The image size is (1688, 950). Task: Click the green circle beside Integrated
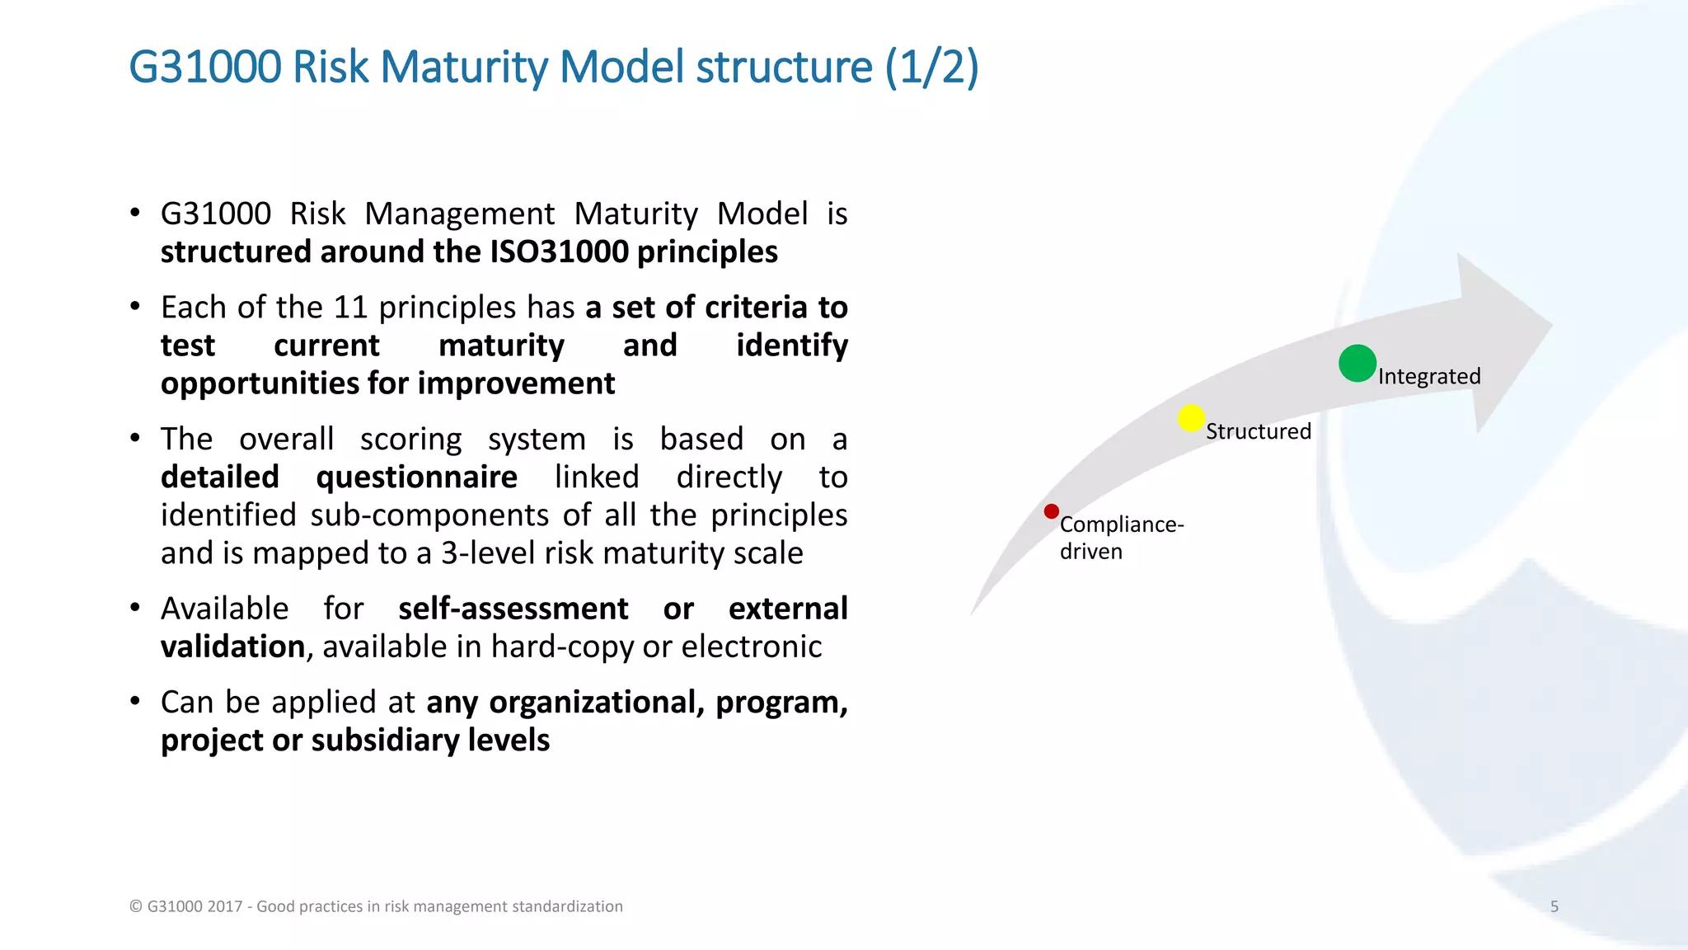coord(1357,364)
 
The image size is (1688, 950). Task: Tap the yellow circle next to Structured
coord(1191,418)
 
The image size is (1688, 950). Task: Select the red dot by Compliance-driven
coord(1051,511)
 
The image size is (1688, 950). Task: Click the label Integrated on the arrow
coord(1429,376)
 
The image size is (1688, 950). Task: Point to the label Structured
coord(1258,431)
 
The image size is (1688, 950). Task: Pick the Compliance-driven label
coord(1120,537)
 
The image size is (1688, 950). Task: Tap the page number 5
coord(1554,906)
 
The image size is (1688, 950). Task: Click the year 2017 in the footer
coord(225,906)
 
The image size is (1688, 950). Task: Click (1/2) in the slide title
coord(931,68)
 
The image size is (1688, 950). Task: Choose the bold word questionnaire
coord(416,477)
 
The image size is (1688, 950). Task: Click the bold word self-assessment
coord(513,609)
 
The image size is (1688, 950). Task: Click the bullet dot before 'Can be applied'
coord(135,702)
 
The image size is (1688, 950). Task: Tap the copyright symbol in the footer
coord(136,906)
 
